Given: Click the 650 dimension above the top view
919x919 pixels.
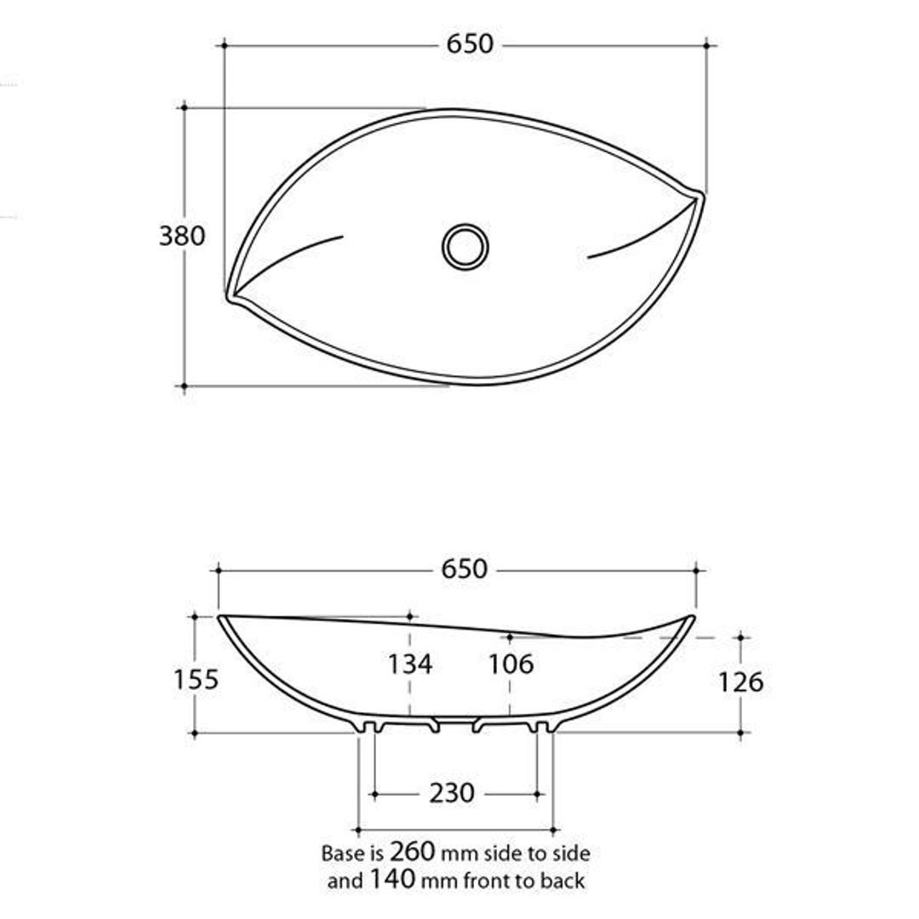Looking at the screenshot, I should click(x=470, y=44).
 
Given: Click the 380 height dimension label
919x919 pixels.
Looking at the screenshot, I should click(x=182, y=235).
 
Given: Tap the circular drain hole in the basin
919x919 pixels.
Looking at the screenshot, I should click(x=465, y=247).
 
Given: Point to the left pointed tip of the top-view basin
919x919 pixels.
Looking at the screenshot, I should click(x=231, y=296).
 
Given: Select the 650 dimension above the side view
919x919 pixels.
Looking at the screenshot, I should click(x=465, y=569).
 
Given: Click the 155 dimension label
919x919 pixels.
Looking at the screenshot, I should click(x=197, y=680).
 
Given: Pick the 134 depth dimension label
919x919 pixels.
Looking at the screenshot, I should click(x=410, y=665).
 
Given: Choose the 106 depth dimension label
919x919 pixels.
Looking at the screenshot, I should click(x=511, y=665).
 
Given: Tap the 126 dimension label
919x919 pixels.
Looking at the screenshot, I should click(x=740, y=682).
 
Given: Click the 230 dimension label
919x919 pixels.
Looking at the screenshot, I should click(x=451, y=794).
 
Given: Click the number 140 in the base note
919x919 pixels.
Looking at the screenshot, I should click(x=392, y=880).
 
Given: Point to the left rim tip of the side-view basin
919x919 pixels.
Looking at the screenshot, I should click(x=221, y=617).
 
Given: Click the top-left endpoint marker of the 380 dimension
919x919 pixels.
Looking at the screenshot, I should click(x=184, y=108).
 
